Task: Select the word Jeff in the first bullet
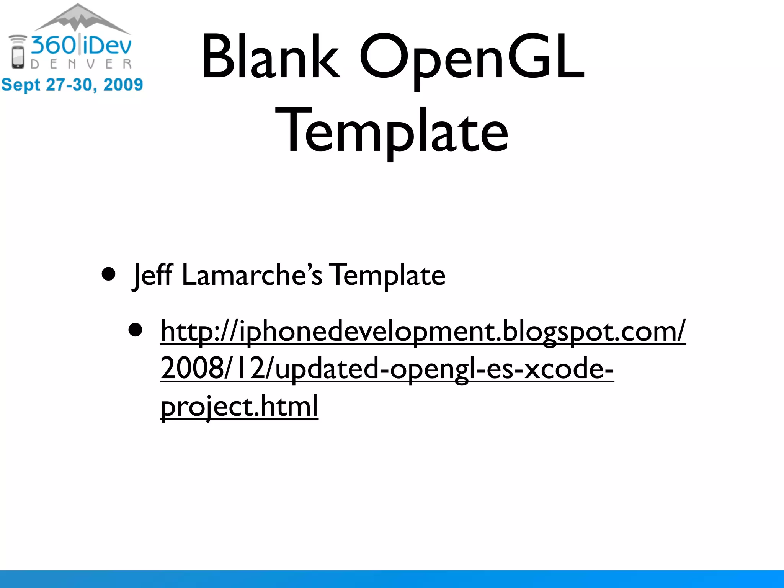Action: (x=152, y=275)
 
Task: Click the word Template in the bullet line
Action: (x=388, y=275)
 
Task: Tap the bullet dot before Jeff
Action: (x=109, y=274)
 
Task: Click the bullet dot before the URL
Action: (x=136, y=330)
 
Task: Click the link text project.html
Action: (x=239, y=407)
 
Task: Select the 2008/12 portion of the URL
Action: (x=212, y=368)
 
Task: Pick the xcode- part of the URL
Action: (x=568, y=368)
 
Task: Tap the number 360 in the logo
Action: (x=54, y=45)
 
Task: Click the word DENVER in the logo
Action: (x=81, y=64)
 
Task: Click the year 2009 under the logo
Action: (x=123, y=85)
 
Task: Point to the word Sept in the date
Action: (x=21, y=85)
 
